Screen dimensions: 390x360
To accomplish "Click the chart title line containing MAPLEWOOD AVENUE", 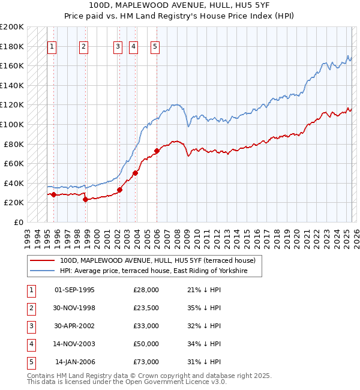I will [x=180, y=5].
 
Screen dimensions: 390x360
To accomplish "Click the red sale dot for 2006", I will [x=157, y=151].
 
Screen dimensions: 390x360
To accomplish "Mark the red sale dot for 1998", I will [x=85, y=199].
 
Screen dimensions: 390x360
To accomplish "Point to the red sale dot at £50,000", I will [x=135, y=173].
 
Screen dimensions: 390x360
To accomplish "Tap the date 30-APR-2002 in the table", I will [x=74, y=326].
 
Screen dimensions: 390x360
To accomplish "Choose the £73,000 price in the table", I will [x=146, y=362].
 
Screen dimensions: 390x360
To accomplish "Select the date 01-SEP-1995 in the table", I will [x=74, y=290].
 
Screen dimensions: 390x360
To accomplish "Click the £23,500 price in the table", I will [x=146, y=308].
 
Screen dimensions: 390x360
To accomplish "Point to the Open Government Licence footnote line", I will [x=127, y=382].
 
